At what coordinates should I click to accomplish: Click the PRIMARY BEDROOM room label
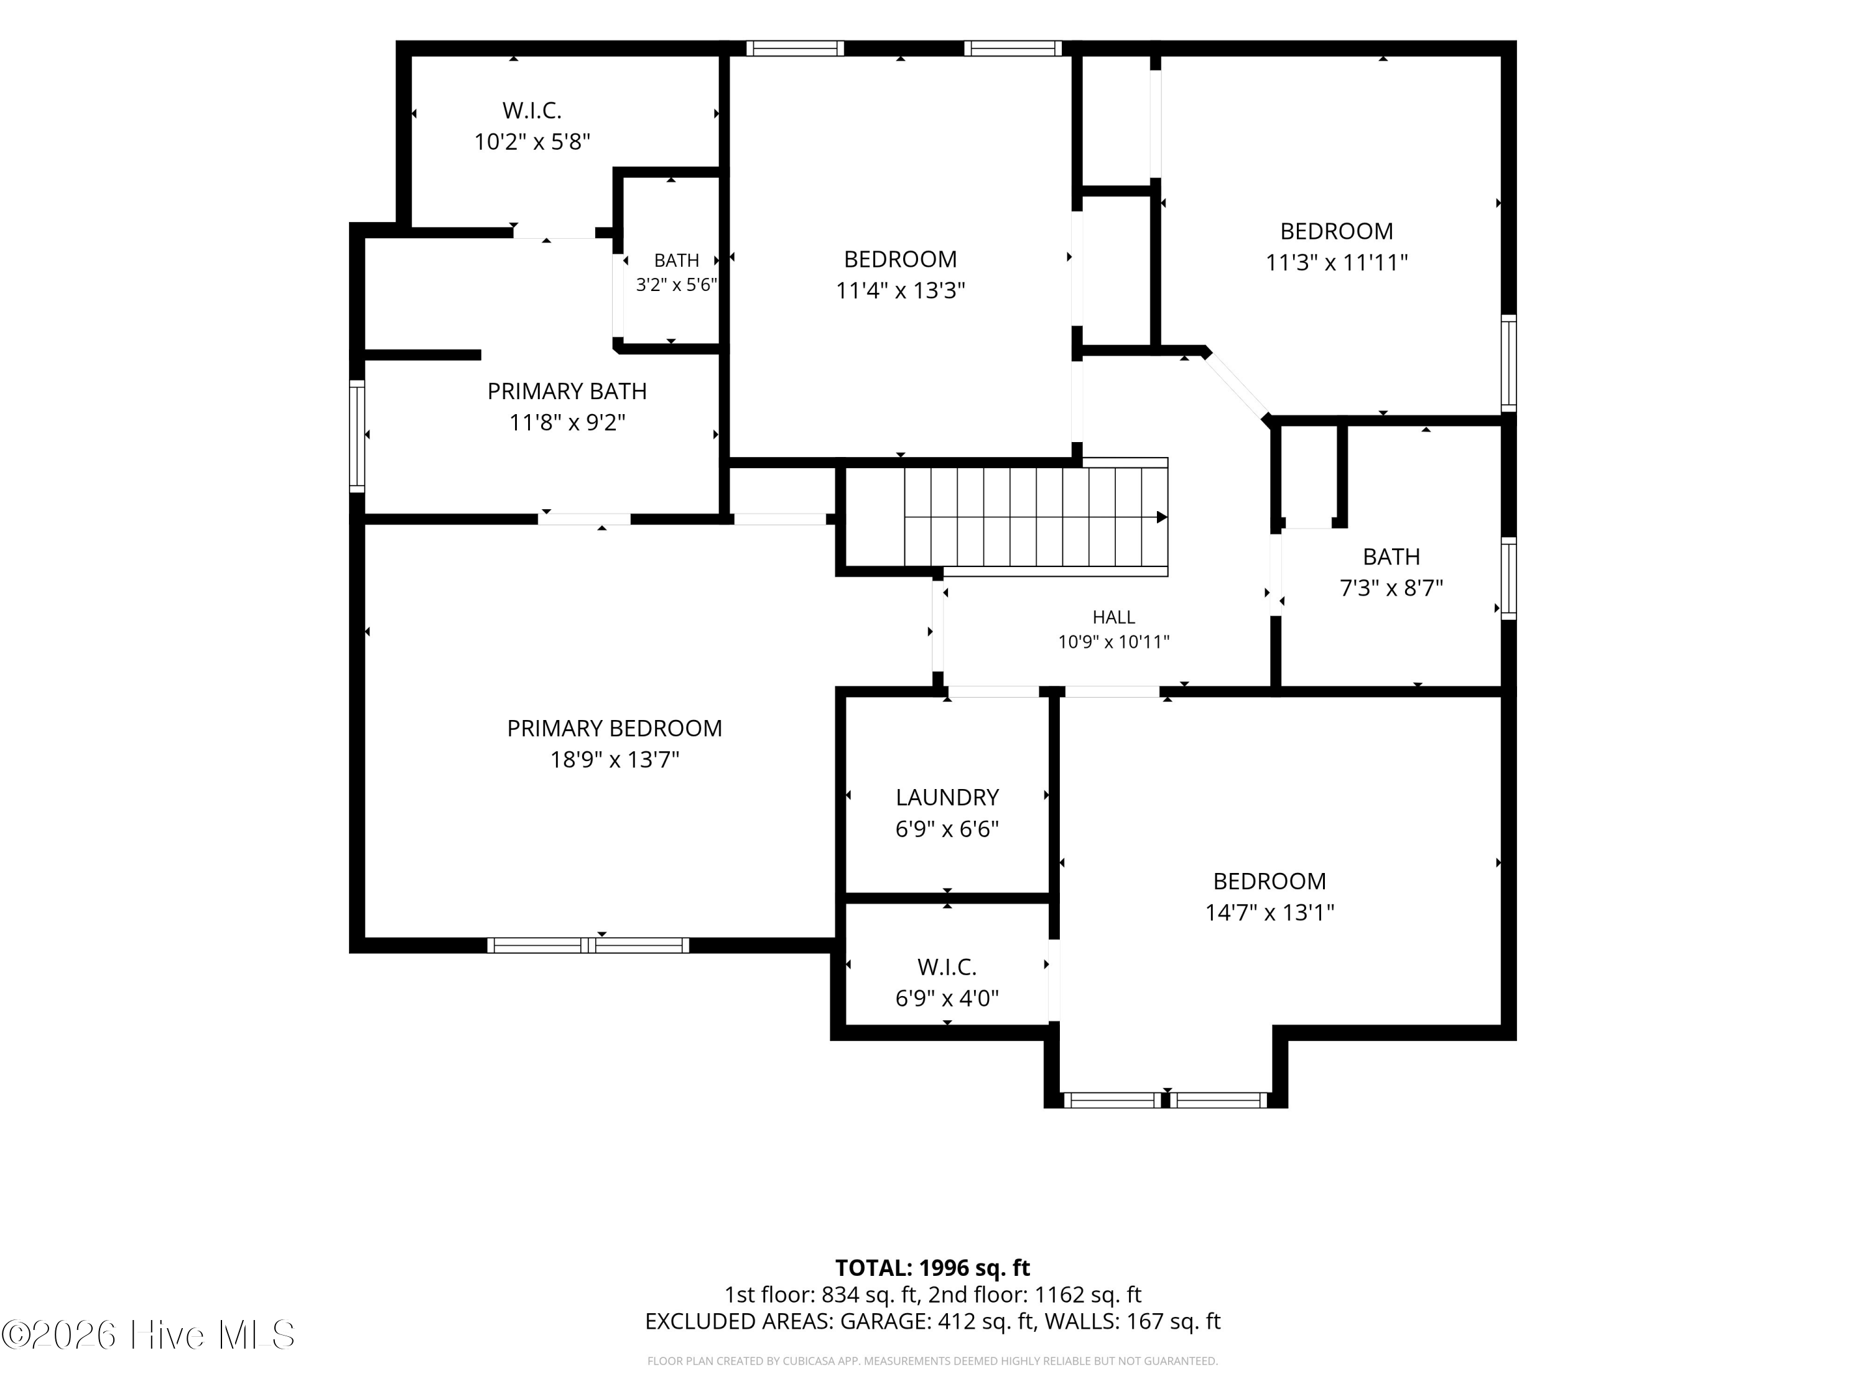point(614,729)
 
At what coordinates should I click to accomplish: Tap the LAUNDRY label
point(947,798)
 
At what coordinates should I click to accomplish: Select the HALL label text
point(1113,617)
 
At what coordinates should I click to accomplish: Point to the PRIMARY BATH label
point(567,391)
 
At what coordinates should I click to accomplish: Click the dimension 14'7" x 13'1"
point(1270,912)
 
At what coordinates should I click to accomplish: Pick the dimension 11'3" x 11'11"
point(1336,263)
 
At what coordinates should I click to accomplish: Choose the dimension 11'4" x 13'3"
point(900,291)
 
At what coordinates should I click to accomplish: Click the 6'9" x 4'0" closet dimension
point(947,999)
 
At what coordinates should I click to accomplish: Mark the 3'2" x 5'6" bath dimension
point(677,285)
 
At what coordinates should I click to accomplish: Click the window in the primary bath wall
point(358,435)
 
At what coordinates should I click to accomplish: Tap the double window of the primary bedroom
point(588,945)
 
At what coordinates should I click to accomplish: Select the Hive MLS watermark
point(149,1334)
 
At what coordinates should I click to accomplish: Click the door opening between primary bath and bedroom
point(584,519)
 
